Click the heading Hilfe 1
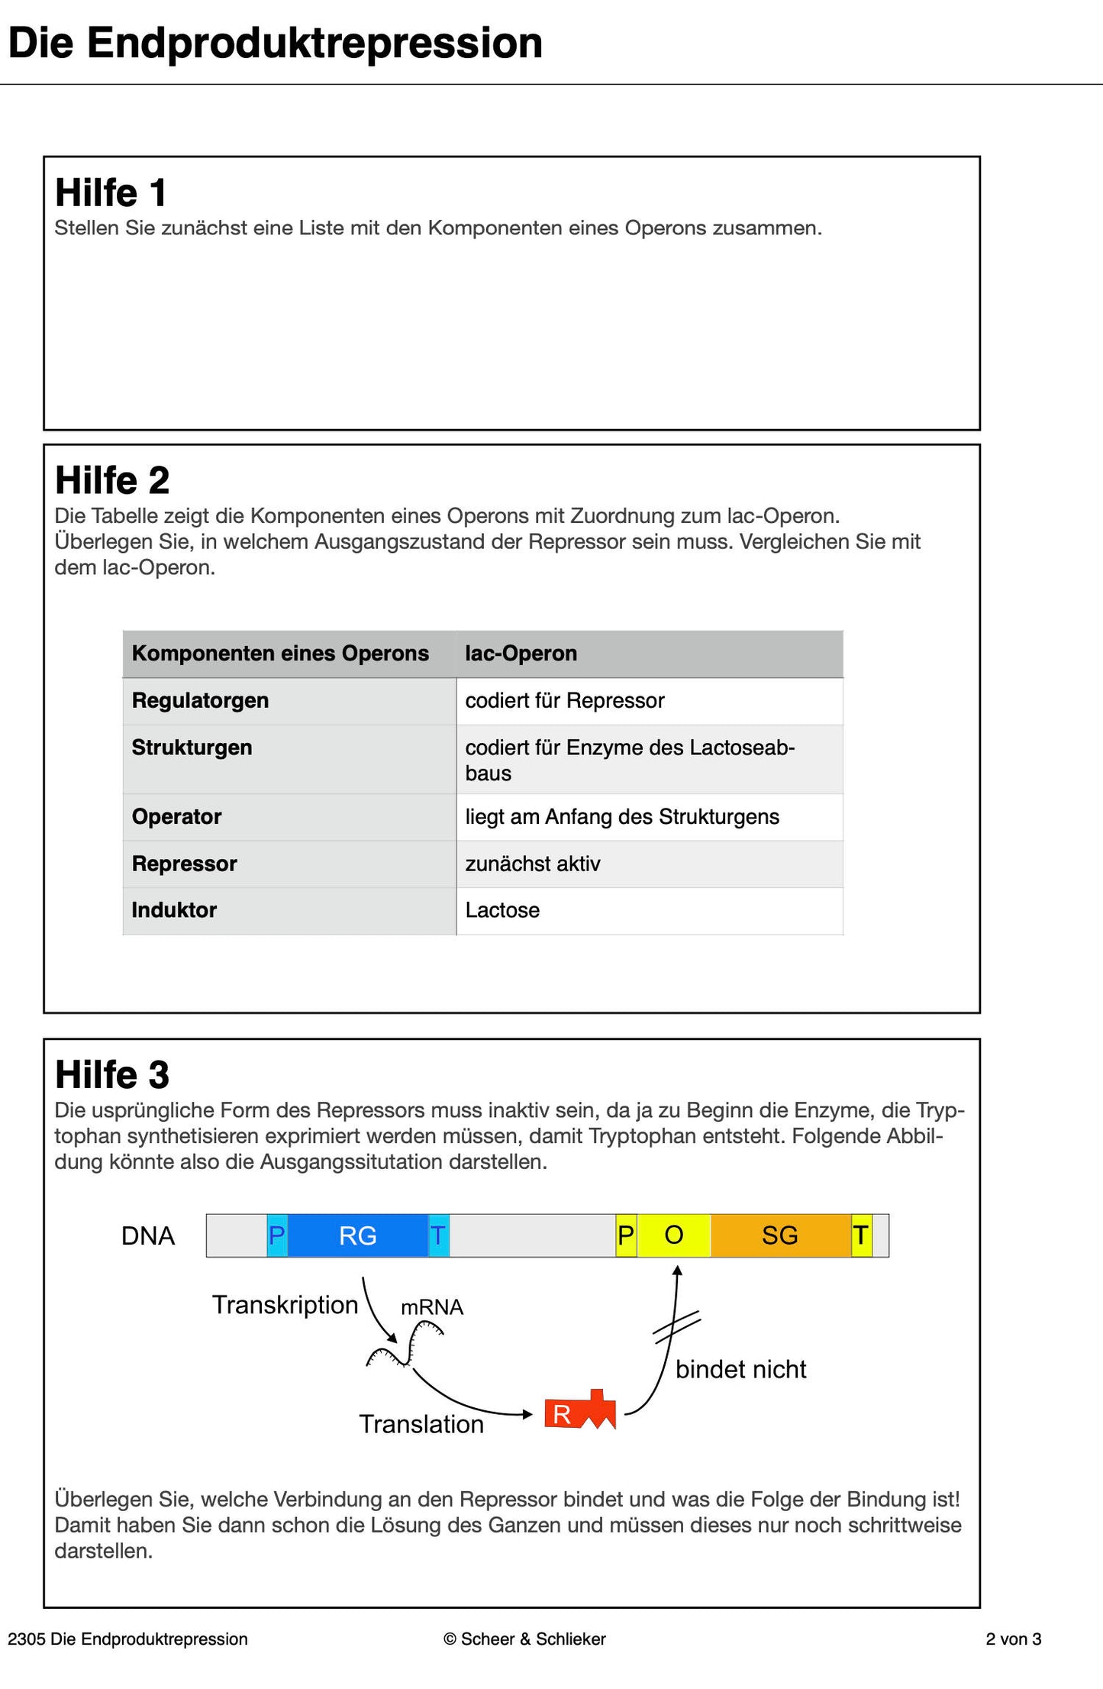pyautogui.click(x=111, y=192)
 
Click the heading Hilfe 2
pyautogui.click(x=112, y=480)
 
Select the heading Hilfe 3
pyautogui.click(x=112, y=1074)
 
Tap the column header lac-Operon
pyautogui.click(x=521, y=654)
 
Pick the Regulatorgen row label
pyautogui.click(x=200, y=700)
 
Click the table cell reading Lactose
pyautogui.click(x=502, y=910)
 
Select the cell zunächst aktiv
pyautogui.click(x=533, y=864)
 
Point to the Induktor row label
pyautogui.click(x=174, y=910)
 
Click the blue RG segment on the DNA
pyautogui.click(x=357, y=1235)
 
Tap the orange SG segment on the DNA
pyautogui.click(x=779, y=1235)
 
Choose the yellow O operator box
pyautogui.click(x=673, y=1235)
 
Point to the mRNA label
pyautogui.click(x=432, y=1307)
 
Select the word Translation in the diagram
pyautogui.click(x=421, y=1424)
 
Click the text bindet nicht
pyautogui.click(x=740, y=1369)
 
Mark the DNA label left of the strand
pyautogui.click(x=148, y=1235)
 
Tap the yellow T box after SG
pyautogui.click(x=861, y=1235)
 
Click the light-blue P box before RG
pyautogui.click(x=277, y=1235)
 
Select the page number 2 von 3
pyautogui.click(x=1013, y=1639)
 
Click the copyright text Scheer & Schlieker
pyautogui.click(x=524, y=1639)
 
